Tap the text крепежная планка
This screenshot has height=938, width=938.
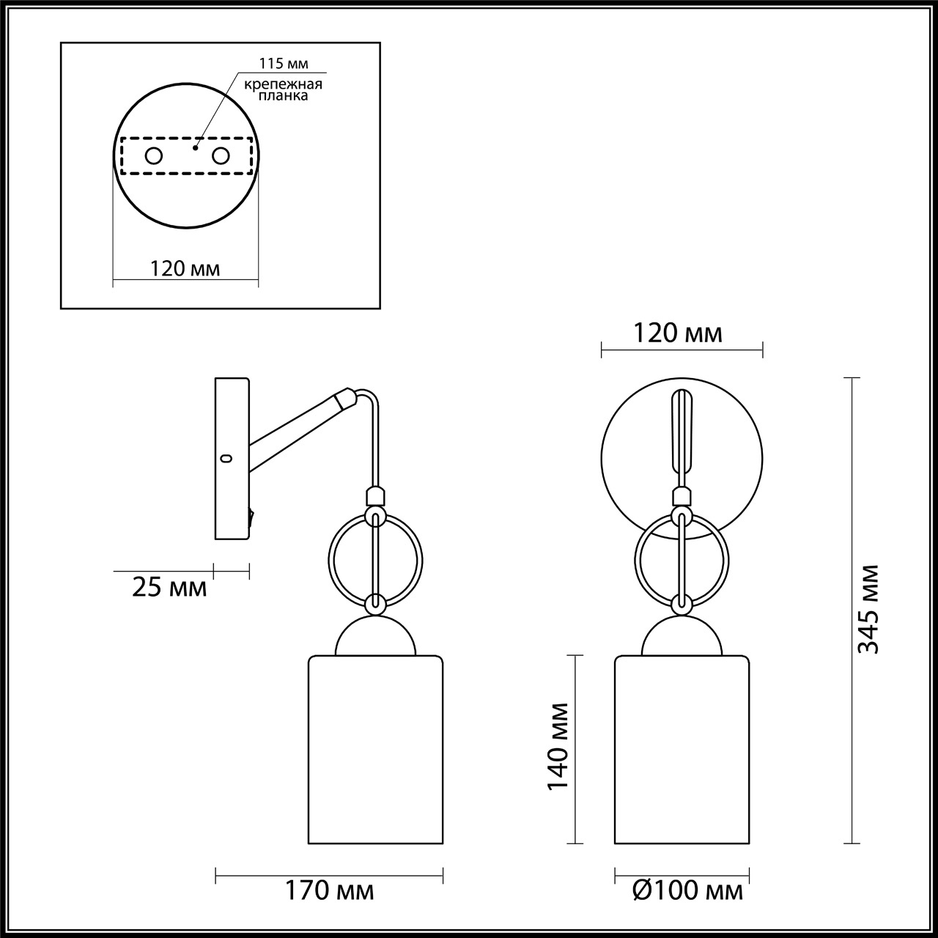pos(284,89)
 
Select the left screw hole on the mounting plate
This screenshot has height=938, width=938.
pos(154,155)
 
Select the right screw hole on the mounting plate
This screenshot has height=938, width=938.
pos(221,155)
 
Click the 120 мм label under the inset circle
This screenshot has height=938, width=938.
pos(185,269)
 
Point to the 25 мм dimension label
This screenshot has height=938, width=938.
pos(169,587)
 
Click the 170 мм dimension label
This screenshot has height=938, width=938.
pos(329,891)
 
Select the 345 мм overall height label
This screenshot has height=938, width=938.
pos(869,608)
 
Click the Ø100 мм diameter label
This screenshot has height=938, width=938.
pos(687,891)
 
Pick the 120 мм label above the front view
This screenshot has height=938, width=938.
pos(678,333)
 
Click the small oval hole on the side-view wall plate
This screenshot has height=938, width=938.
pos(226,459)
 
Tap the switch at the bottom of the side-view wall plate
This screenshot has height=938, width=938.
pos(252,518)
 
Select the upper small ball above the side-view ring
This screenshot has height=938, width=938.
pos(374,496)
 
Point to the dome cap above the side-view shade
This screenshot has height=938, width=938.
pos(376,637)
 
